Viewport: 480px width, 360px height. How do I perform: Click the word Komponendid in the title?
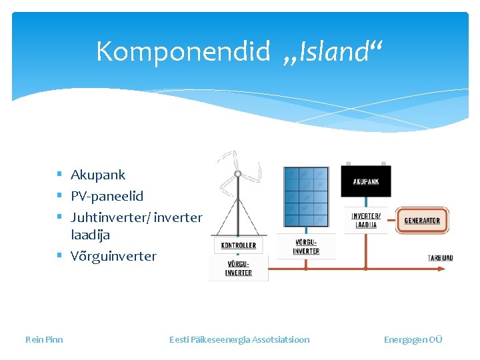pos(183,51)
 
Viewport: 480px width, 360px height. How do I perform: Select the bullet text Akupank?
pos(98,175)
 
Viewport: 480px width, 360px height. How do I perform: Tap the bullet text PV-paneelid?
pos(107,196)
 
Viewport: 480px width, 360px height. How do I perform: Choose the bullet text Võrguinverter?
pos(113,256)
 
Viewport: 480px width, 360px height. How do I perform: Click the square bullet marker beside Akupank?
pos(59,175)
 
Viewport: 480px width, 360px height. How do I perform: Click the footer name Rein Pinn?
pos(44,339)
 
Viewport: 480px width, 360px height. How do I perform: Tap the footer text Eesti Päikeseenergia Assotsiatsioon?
pos(239,339)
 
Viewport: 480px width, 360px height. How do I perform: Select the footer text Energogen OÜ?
pos(413,339)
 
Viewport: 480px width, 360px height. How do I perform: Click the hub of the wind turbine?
pos(237,174)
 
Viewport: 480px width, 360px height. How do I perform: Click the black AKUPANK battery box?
pos(366,181)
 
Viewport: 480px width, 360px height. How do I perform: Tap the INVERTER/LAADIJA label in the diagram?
pos(366,221)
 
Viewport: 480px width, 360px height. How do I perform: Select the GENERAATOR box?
pos(422,221)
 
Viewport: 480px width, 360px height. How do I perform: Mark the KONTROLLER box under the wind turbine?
pos(238,245)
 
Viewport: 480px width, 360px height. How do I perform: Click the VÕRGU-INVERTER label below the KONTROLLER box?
pos(238,269)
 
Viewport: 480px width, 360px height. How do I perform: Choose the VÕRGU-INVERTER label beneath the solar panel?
pos(306,247)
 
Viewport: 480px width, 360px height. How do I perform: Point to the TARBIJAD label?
pos(440,258)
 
